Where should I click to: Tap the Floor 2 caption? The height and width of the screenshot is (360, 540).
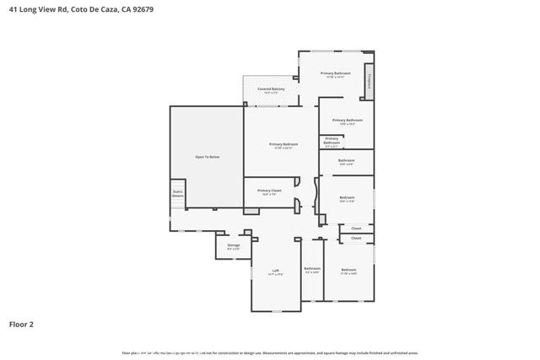click(21, 323)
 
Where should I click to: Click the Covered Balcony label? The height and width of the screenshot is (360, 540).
click(271, 89)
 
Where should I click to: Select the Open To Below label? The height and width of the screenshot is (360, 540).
click(208, 157)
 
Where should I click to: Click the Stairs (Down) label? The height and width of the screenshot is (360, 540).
click(178, 193)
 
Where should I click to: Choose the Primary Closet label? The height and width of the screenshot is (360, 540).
click(269, 191)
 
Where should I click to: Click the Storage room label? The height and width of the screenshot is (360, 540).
click(234, 245)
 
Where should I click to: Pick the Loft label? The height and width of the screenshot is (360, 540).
click(275, 271)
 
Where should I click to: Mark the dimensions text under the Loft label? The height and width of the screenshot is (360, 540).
click(275, 275)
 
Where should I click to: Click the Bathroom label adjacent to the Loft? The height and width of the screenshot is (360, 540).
click(312, 268)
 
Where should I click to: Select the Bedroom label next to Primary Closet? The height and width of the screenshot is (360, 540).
click(347, 197)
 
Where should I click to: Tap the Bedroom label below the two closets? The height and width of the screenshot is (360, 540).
click(348, 270)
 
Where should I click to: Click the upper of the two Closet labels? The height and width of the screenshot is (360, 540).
click(356, 228)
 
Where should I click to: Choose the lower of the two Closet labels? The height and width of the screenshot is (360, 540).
click(356, 238)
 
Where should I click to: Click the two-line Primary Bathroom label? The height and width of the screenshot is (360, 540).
click(332, 140)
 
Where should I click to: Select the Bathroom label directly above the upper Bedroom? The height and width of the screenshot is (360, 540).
click(346, 160)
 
